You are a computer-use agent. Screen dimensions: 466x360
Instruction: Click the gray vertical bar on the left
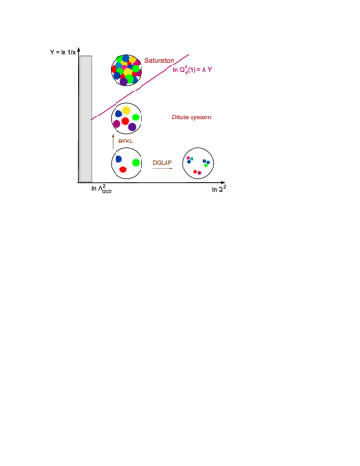click(86, 117)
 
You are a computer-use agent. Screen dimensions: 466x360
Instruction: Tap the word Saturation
click(159, 61)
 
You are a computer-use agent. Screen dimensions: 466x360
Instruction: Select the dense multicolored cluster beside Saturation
click(125, 69)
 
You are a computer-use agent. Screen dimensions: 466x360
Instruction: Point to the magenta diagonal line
click(141, 88)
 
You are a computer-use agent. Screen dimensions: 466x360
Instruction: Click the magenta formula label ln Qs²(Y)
click(193, 70)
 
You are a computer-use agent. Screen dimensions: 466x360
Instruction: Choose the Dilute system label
click(191, 117)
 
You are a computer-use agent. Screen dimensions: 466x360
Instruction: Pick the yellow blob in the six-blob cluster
click(126, 111)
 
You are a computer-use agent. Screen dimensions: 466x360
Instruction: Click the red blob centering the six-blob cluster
click(125, 120)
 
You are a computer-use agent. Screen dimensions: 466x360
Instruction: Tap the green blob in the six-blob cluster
click(136, 117)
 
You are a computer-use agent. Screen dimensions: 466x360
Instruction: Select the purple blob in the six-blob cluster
click(132, 127)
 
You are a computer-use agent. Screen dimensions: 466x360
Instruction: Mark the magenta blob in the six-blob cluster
click(117, 124)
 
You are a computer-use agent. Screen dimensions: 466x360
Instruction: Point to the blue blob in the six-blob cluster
click(117, 114)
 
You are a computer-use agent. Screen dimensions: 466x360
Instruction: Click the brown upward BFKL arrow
click(112, 141)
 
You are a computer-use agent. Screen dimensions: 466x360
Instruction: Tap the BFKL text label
click(125, 142)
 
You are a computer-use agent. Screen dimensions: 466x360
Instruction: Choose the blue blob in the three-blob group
click(118, 159)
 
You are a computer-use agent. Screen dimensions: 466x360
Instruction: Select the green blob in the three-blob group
click(136, 163)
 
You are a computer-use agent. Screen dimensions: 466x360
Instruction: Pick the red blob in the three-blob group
click(123, 169)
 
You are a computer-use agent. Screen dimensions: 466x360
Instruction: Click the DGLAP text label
click(163, 163)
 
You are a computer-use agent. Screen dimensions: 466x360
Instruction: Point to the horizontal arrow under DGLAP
click(163, 168)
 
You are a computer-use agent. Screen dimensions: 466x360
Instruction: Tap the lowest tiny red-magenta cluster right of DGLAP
click(197, 172)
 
